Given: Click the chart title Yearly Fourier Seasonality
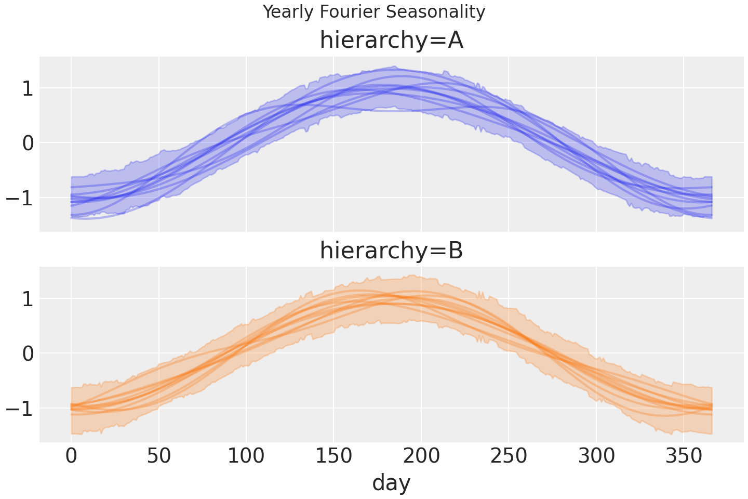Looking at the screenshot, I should click(x=374, y=11).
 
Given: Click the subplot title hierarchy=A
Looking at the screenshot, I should click(x=391, y=41).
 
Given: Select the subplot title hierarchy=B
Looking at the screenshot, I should click(x=391, y=251).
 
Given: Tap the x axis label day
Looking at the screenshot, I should click(x=391, y=482).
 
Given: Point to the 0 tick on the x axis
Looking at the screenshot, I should click(x=71, y=456).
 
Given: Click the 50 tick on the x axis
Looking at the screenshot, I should click(x=158, y=456).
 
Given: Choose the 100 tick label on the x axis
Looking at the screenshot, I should click(x=246, y=456).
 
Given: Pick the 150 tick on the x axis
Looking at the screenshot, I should click(x=333, y=456).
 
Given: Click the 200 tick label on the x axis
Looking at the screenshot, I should click(x=421, y=456).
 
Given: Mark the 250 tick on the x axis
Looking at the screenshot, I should click(x=509, y=456).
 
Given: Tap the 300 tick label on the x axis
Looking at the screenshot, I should click(x=596, y=456).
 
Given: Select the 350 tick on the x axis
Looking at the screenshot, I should click(x=684, y=456).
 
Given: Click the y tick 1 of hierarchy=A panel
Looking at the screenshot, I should click(x=28, y=88).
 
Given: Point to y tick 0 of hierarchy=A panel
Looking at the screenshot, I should click(x=28, y=143).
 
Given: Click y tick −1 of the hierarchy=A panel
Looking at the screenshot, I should click(x=20, y=198).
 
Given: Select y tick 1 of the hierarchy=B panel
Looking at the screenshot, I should click(x=28, y=299).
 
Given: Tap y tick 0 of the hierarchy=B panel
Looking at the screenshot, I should click(x=28, y=353).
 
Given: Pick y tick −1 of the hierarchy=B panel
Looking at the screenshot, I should click(x=20, y=409).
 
